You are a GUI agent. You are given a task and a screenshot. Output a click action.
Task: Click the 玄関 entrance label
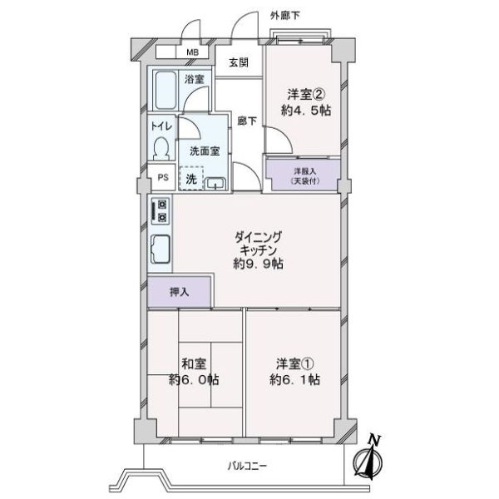click(239, 62)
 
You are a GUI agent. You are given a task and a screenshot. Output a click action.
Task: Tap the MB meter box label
click(192, 52)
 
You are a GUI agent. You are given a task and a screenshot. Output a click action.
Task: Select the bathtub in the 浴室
click(165, 90)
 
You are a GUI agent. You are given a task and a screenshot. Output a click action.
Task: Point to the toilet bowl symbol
click(161, 148)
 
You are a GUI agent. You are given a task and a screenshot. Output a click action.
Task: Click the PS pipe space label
click(163, 177)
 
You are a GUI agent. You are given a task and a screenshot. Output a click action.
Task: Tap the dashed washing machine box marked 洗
click(191, 179)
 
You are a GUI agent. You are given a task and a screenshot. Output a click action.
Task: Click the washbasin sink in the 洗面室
click(216, 184)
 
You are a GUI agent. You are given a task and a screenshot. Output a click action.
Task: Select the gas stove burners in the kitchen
click(161, 211)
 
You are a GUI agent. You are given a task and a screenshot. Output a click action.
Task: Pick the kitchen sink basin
click(160, 249)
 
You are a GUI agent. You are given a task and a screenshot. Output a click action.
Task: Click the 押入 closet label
click(179, 292)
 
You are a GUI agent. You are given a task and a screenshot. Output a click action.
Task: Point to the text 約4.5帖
click(306, 111)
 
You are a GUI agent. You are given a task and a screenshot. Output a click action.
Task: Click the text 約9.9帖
click(258, 264)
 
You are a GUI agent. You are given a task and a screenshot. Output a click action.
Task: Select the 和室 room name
click(194, 363)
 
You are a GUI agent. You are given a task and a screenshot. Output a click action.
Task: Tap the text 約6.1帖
click(294, 380)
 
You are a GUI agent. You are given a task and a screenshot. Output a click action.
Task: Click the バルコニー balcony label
click(247, 467)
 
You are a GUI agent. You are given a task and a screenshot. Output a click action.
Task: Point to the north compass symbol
click(368, 458)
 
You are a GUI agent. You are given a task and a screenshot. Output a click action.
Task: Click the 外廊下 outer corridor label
click(284, 16)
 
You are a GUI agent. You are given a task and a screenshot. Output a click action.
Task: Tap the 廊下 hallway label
click(247, 121)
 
